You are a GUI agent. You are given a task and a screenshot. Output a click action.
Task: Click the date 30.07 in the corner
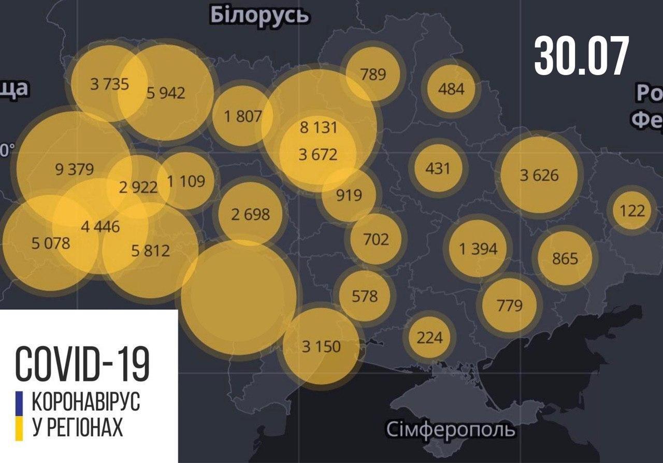581,55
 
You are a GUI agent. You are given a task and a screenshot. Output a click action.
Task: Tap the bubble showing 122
632,210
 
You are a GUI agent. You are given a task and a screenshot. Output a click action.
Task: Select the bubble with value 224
429,338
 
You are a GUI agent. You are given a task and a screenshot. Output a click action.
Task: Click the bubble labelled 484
451,89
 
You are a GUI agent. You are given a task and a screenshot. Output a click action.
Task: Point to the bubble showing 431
438,168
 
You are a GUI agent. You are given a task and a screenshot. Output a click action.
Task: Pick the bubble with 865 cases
565,257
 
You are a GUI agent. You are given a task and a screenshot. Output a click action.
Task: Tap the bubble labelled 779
509,305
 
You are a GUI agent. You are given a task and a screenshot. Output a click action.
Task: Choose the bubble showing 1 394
478,249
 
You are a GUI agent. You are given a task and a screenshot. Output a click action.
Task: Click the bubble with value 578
365,296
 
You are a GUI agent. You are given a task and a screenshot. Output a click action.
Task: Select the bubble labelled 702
376,239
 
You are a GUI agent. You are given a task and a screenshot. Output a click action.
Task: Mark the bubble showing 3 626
539,175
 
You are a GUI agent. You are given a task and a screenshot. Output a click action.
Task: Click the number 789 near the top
373,74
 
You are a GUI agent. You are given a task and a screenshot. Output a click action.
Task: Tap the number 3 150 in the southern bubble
321,346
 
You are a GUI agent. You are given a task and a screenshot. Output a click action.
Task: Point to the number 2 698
250,213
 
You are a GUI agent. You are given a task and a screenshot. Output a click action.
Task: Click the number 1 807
242,117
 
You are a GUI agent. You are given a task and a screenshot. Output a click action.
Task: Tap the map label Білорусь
260,15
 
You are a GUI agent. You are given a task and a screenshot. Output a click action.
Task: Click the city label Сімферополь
451,429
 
